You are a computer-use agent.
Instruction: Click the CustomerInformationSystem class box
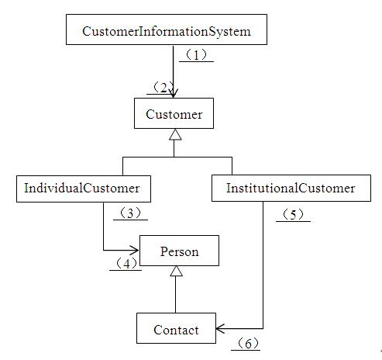(x=167, y=29)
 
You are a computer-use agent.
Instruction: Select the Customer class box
(x=174, y=113)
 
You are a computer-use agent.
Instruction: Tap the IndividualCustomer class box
(x=84, y=189)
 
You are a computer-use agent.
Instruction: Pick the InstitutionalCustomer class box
(x=291, y=188)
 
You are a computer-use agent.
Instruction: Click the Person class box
(x=179, y=251)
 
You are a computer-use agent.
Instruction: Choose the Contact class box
(x=176, y=328)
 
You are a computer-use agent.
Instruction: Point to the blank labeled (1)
(x=196, y=56)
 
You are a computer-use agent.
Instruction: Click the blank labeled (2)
(x=160, y=88)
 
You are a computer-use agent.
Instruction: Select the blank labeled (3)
(x=130, y=214)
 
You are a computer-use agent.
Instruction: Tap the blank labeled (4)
(x=126, y=264)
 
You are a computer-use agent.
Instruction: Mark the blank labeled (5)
(x=293, y=215)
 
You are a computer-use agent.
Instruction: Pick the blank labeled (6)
(x=246, y=344)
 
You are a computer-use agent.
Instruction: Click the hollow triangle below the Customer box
(x=175, y=135)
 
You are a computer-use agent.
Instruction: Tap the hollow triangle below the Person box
(x=176, y=271)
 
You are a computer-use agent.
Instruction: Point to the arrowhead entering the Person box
(x=134, y=250)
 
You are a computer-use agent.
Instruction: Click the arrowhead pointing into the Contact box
(x=220, y=329)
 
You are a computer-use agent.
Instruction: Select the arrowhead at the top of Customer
(x=174, y=93)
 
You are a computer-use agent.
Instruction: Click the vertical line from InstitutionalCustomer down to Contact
(x=263, y=265)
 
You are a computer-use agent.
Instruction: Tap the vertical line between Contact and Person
(x=176, y=295)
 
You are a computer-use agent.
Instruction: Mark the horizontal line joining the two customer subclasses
(x=177, y=157)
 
